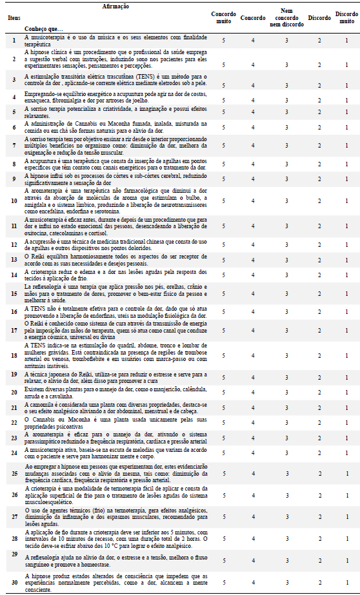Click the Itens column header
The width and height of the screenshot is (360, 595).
point(13,18)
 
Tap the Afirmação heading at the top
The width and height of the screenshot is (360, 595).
point(115,6)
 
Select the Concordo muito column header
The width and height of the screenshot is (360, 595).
point(224,17)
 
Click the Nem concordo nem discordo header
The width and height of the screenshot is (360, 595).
point(288,17)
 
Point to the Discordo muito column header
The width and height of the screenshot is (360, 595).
point(346,17)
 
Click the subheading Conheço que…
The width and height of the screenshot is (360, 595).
point(44,29)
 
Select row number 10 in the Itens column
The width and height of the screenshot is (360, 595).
point(13,201)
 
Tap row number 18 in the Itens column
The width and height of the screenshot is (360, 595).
point(13,355)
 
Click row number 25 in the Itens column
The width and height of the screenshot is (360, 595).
point(13,473)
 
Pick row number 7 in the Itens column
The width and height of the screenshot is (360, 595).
point(13,145)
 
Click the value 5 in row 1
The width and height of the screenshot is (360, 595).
point(224,40)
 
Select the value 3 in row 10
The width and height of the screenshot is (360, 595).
point(288,201)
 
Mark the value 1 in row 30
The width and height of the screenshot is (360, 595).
point(346,581)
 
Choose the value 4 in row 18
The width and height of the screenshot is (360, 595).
point(253,355)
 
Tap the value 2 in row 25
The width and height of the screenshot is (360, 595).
point(319,473)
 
